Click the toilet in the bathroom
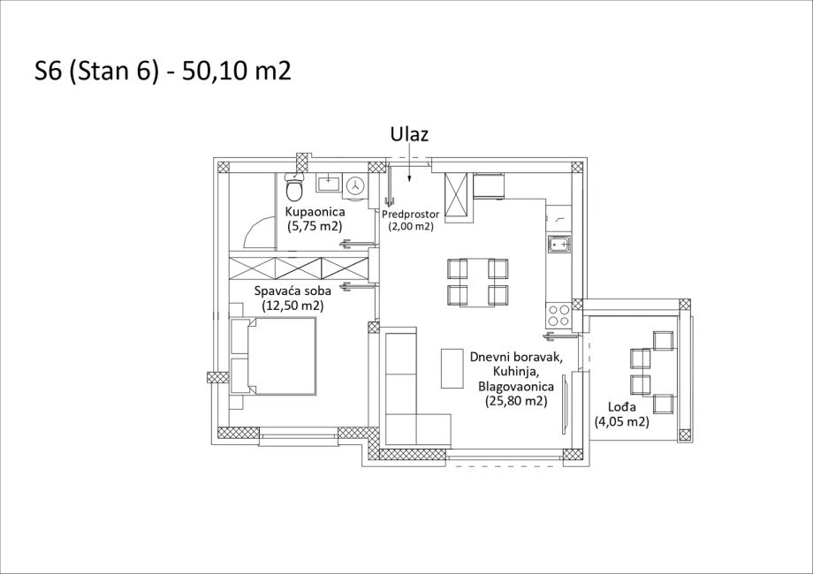[x=294, y=186]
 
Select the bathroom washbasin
[x=328, y=183]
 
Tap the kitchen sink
[x=559, y=243]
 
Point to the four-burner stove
[x=558, y=315]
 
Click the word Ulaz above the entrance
[x=409, y=134]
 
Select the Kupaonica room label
[x=315, y=211]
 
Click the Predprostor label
[x=410, y=214]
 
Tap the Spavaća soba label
[x=293, y=291]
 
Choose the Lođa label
[x=622, y=407]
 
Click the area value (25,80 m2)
[x=516, y=400]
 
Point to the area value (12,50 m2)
[x=293, y=306]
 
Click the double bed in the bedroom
[x=273, y=356]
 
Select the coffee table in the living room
[x=452, y=368]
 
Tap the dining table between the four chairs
[x=477, y=282]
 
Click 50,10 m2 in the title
[x=237, y=71]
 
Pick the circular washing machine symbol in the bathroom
[x=355, y=185]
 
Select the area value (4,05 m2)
[x=621, y=422]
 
